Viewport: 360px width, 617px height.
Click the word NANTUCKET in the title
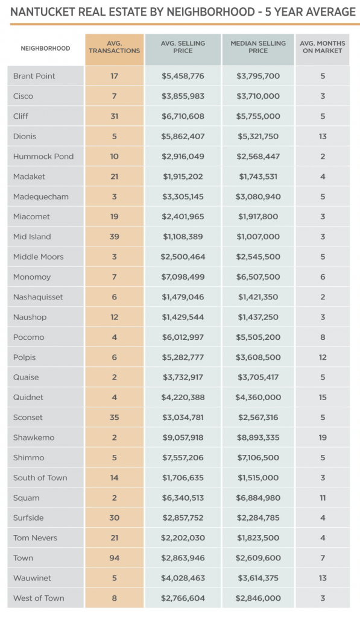point(44,11)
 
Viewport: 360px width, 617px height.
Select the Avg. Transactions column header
point(115,48)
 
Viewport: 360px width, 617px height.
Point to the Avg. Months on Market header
point(323,48)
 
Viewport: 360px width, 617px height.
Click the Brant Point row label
point(34,76)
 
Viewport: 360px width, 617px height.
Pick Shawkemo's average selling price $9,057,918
point(183,437)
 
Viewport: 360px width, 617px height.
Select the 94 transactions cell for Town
point(115,558)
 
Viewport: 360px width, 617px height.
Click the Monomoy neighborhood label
point(32,277)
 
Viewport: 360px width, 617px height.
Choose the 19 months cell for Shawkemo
point(323,437)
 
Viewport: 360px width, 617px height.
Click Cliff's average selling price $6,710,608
point(183,116)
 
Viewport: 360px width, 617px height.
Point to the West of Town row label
point(39,598)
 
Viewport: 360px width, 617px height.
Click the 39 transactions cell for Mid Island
point(115,237)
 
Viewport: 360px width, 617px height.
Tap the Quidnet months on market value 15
point(323,397)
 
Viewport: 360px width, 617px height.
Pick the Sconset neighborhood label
point(28,418)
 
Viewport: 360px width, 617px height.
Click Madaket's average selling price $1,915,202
point(183,177)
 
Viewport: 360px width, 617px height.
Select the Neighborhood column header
point(45,48)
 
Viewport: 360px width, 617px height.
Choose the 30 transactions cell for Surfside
point(115,518)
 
